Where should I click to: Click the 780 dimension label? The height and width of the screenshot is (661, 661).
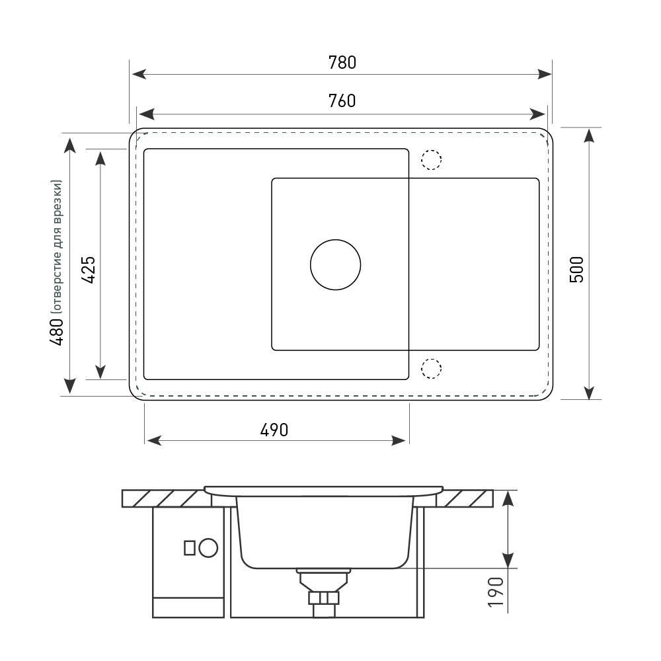coord(342,62)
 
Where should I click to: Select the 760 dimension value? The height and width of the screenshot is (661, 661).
coord(342,100)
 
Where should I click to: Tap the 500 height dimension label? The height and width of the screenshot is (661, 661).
coord(576,270)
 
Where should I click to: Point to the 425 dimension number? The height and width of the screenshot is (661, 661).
coord(88,270)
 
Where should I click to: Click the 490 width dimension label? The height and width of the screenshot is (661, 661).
coord(274,430)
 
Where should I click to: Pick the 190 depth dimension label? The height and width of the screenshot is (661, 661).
coord(495,592)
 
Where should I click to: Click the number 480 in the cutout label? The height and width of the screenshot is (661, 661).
coord(56,332)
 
